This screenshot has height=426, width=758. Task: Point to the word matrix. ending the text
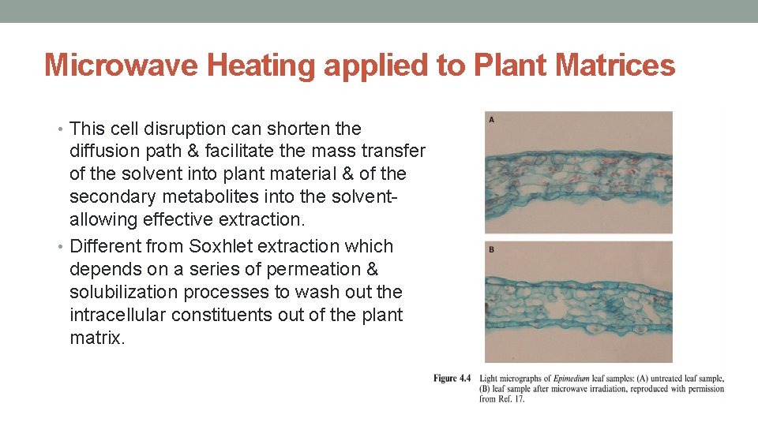[97, 338]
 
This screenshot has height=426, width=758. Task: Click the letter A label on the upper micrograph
[492, 120]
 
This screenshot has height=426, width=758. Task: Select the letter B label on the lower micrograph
[492, 250]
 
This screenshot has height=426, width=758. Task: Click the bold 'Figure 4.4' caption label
[452, 379]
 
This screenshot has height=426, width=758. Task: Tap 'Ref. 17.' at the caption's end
[511, 399]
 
